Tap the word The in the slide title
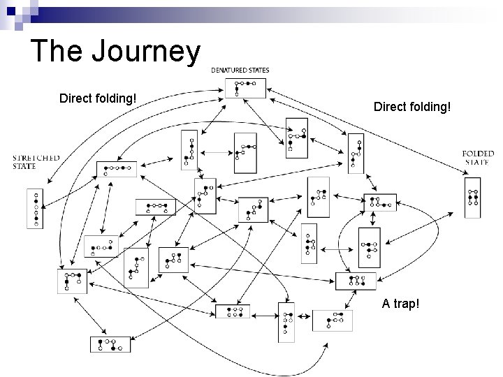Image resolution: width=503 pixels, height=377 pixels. (55, 52)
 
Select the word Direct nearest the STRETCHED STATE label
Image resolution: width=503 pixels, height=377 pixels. (78, 98)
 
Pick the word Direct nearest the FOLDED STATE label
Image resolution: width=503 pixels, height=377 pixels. (393, 108)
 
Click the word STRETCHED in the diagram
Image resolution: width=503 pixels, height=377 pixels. (36, 158)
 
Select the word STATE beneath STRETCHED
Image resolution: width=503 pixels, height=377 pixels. (24, 166)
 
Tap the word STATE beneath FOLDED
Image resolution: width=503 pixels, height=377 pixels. (478, 162)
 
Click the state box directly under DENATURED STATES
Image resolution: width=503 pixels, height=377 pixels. (245, 88)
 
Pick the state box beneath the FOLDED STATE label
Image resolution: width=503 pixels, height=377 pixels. (473, 198)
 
